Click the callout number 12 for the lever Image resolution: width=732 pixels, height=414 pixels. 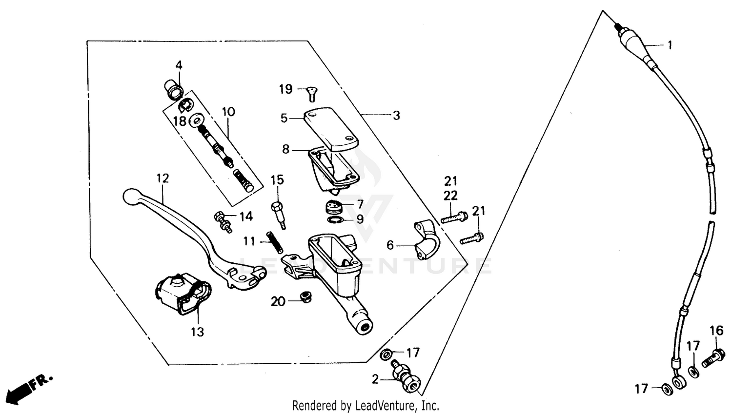163,178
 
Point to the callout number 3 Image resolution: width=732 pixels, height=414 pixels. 396,116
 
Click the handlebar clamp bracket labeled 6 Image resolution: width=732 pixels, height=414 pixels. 427,240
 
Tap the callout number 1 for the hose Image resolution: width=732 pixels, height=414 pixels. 670,45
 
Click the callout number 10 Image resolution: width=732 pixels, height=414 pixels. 228,112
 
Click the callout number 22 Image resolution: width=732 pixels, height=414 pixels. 450,196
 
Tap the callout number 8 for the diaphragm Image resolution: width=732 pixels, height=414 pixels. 285,149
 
